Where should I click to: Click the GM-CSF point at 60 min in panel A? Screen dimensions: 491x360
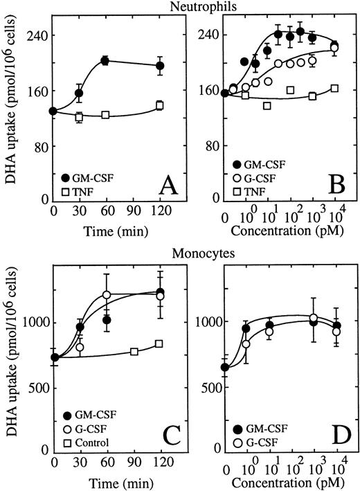coord(105,61)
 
